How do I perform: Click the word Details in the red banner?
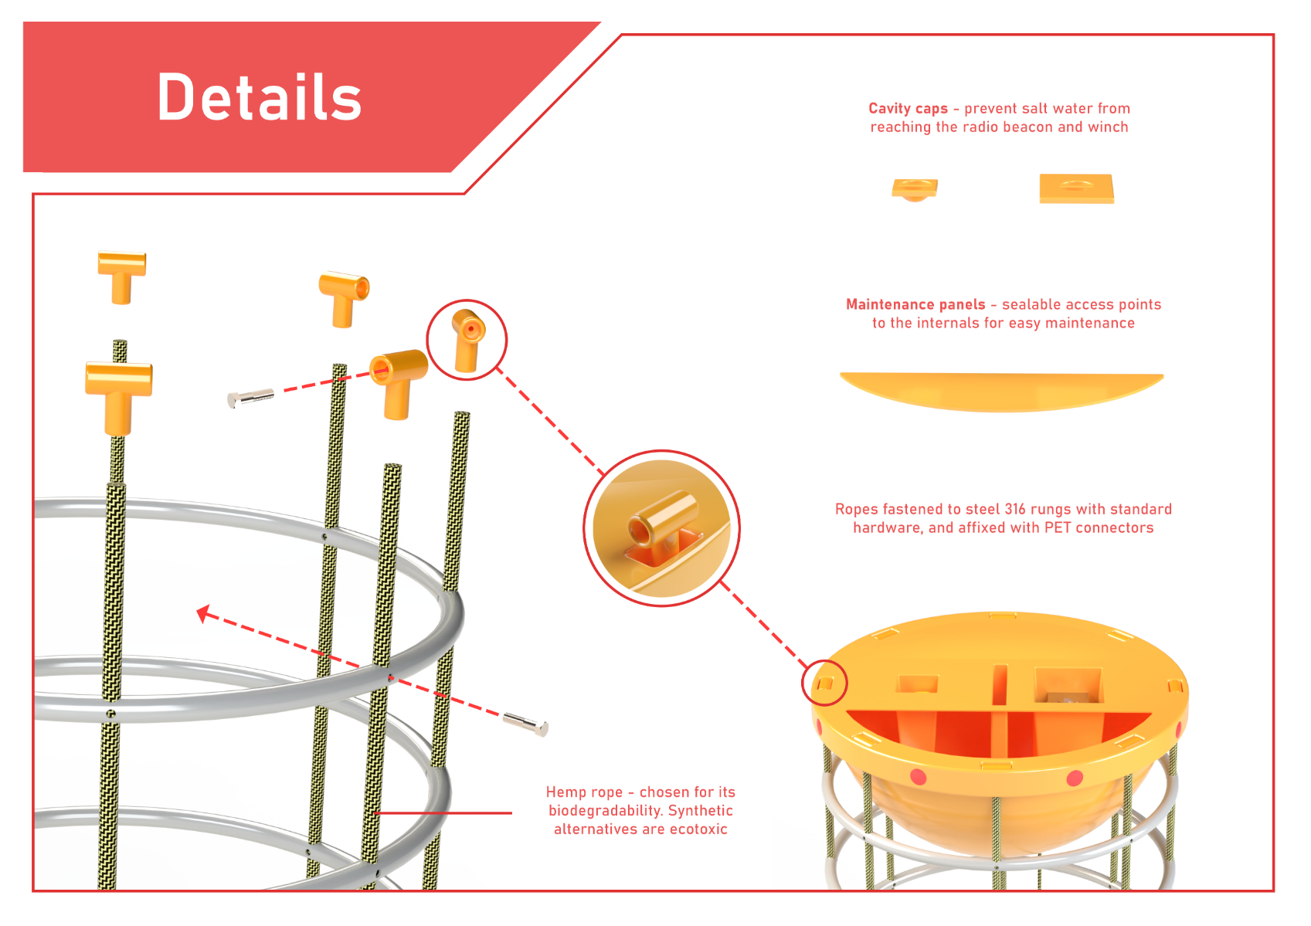(260, 97)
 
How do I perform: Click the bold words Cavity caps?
(908, 108)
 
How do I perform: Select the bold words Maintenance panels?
(915, 304)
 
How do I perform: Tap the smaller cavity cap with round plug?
(914, 189)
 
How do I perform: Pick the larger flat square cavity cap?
(1076, 188)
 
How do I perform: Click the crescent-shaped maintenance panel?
(1001, 392)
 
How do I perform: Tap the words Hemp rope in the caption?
(584, 792)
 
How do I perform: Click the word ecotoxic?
(698, 829)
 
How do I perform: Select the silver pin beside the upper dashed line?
(250, 399)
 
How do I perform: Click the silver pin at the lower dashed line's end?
(525, 724)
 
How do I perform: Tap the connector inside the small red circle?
(467, 341)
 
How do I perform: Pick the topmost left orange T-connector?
(122, 276)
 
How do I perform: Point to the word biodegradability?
(603, 811)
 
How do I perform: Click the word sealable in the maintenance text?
(1028, 304)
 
